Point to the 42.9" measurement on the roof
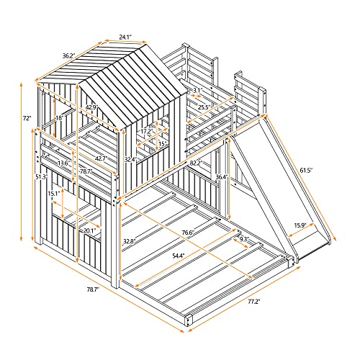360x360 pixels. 91,108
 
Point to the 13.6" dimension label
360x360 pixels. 63,163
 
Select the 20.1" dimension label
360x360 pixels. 88,230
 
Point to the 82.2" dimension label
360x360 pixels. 196,163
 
